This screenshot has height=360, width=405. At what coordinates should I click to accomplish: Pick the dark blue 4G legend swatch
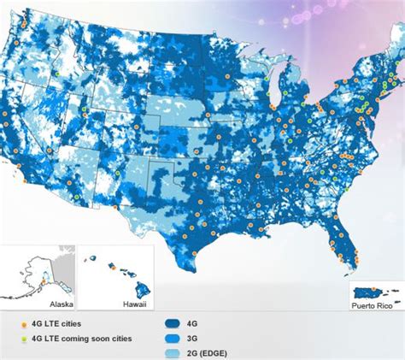coord(173,325)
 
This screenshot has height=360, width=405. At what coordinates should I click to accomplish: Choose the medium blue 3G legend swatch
coord(173,338)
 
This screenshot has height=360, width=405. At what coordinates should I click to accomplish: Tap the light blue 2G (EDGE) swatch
coord(173,351)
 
